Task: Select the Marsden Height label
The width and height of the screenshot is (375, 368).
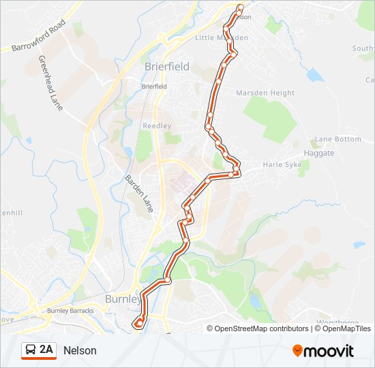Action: [265, 93]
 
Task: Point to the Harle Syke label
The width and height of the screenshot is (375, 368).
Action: [282, 165]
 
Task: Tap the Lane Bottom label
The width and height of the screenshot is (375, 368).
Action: [337, 139]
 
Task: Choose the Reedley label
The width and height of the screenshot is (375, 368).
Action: [156, 126]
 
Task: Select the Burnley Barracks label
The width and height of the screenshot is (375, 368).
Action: [70, 311]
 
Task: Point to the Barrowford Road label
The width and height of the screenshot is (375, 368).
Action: [38, 36]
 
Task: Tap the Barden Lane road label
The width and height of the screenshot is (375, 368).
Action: [138, 192]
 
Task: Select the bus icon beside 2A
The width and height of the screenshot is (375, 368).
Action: [31, 350]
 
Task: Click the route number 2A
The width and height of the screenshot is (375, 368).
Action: [46, 350]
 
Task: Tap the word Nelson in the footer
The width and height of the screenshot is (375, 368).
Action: [80, 351]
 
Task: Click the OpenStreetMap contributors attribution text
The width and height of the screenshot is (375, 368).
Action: [261, 328]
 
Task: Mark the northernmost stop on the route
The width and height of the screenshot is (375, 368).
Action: [240, 8]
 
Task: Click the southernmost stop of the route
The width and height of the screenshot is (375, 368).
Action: [138, 324]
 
